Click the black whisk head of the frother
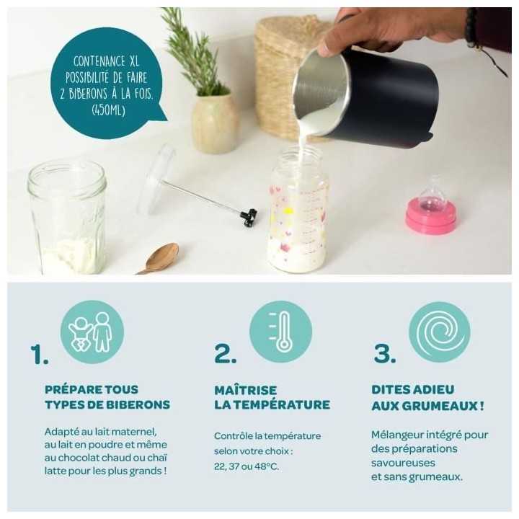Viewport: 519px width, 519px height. point(249,216)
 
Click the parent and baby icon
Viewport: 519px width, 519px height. point(92,332)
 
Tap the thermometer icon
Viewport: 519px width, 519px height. point(280,332)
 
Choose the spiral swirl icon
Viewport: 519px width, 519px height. point(439,332)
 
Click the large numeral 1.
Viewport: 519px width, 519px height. point(40,353)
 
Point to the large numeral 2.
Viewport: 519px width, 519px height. point(225,353)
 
